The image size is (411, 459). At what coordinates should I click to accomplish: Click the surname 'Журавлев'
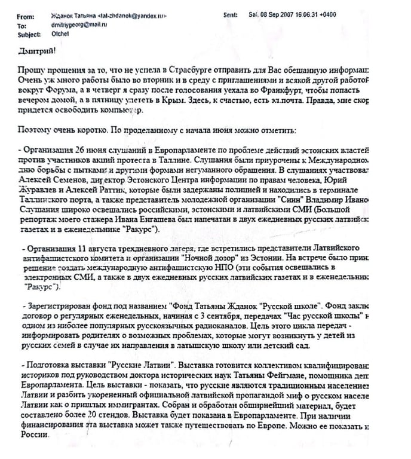pos(41,190)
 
